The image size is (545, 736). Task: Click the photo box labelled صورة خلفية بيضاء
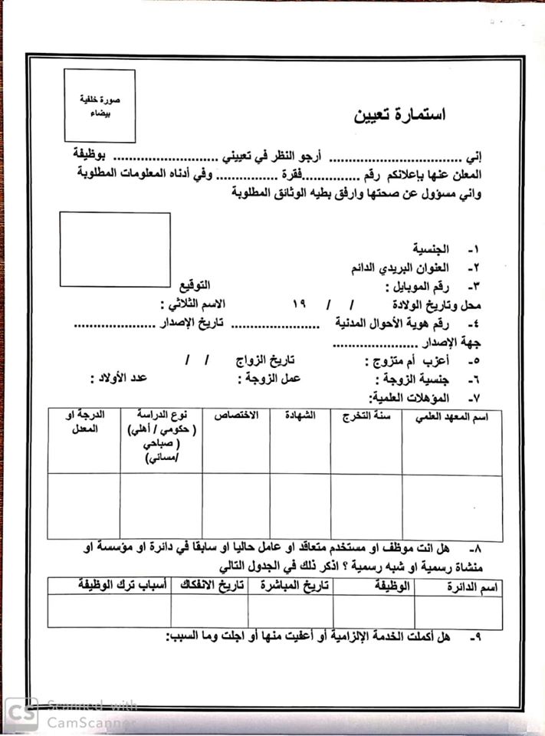click(100, 105)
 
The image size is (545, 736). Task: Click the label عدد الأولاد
click(119, 377)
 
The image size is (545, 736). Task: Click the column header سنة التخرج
click(366, 416)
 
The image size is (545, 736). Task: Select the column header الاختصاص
click(236, 415)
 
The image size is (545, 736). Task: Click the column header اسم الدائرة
click(473, 588)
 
